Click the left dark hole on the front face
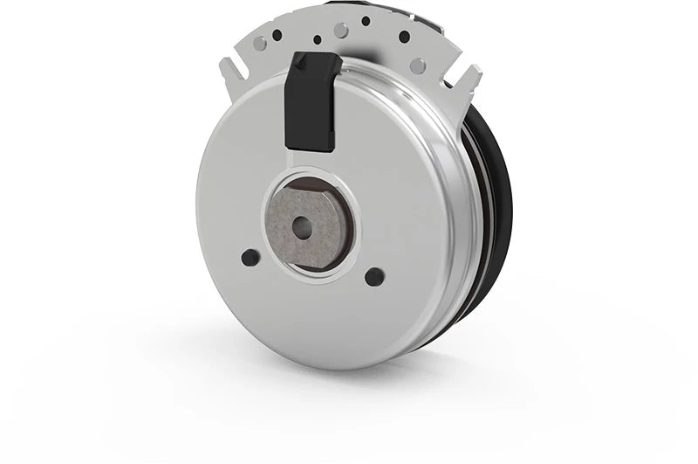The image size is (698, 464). [250, 258]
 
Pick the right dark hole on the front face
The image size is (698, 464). [374, 277]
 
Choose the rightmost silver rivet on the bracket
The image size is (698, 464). [419, 66]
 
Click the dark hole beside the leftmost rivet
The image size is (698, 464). [277, 36]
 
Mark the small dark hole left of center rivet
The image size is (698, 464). [317, 38]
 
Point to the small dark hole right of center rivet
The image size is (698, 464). [366, 21]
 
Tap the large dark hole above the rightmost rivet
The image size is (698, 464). [404, 37]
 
